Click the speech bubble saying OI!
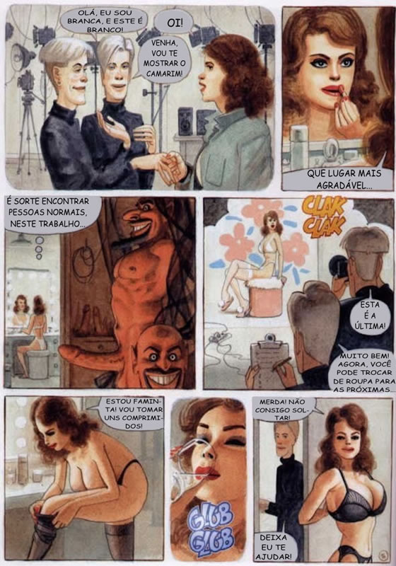click(x=175, y=23)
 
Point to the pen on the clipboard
click(x=281, y=364)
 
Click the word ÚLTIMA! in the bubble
click(x=370, y=326)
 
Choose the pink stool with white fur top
click(x=266, y=294)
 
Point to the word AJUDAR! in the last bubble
click(x=274, y=556)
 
